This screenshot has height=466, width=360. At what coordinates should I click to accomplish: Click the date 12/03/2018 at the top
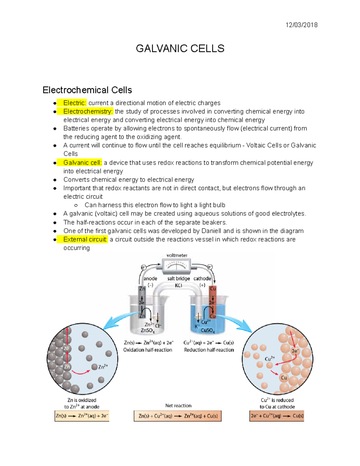[x=301, y=25]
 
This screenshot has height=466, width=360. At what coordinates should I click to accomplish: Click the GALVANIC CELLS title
[x=180, y=49]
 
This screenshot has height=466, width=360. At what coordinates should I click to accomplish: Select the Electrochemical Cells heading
[x=87, y=90]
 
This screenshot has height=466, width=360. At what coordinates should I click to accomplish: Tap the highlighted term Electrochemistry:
[x=88, y=111]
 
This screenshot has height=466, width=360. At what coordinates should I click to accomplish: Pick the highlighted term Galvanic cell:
[x=82, y=163]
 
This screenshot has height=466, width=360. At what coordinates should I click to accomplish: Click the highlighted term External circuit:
[x=85, y=239]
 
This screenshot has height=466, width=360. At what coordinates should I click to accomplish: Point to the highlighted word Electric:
[x=74, y=103]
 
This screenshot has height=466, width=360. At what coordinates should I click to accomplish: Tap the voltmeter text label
[x=177, y=255]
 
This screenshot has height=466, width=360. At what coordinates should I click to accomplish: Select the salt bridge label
[x=178, y=278]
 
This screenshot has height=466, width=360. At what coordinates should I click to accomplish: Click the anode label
[x=150, y=278]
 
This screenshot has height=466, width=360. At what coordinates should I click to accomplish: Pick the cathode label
[x=202, y=278]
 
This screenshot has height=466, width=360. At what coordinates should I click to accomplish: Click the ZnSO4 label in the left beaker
[x=147, y=331]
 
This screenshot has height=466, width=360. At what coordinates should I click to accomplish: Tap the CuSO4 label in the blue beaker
[x=208, y=331]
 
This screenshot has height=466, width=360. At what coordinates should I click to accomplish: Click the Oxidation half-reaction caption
[x=148, y=350]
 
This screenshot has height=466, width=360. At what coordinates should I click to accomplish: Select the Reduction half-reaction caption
[x=209, y=350]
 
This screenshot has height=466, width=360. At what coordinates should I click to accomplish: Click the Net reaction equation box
[x=178, y=416]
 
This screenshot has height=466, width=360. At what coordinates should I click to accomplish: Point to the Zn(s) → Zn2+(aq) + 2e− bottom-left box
[x=82, y=416]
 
